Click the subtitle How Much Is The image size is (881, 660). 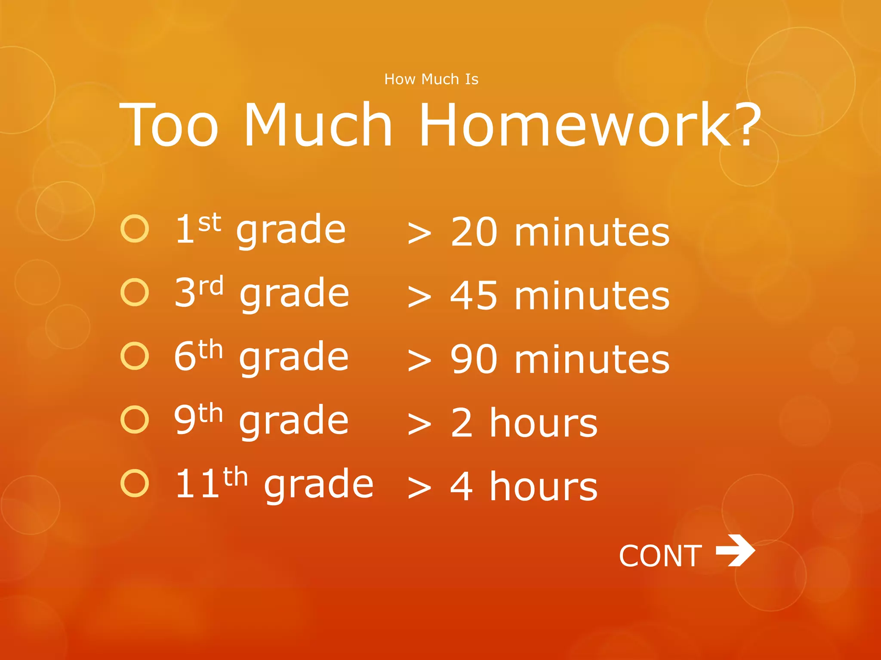point(431,79)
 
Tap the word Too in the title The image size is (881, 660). point(169,125)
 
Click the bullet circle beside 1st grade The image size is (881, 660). point(135,229)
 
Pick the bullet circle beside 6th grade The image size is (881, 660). point(135,356)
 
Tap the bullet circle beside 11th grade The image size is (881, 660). point(135,483)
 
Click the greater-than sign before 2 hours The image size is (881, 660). point(419,424)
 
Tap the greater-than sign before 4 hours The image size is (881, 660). point(419,488)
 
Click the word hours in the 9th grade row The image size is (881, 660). point(544,423)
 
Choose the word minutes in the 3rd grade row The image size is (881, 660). point(592,296)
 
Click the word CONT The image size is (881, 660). point(660,556)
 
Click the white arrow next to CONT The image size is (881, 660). point(735,550)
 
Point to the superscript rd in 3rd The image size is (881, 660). point(211,286)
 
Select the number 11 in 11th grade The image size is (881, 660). point(197,484)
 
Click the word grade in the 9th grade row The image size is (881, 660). point(294,422)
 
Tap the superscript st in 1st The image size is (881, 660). point(209,223)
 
